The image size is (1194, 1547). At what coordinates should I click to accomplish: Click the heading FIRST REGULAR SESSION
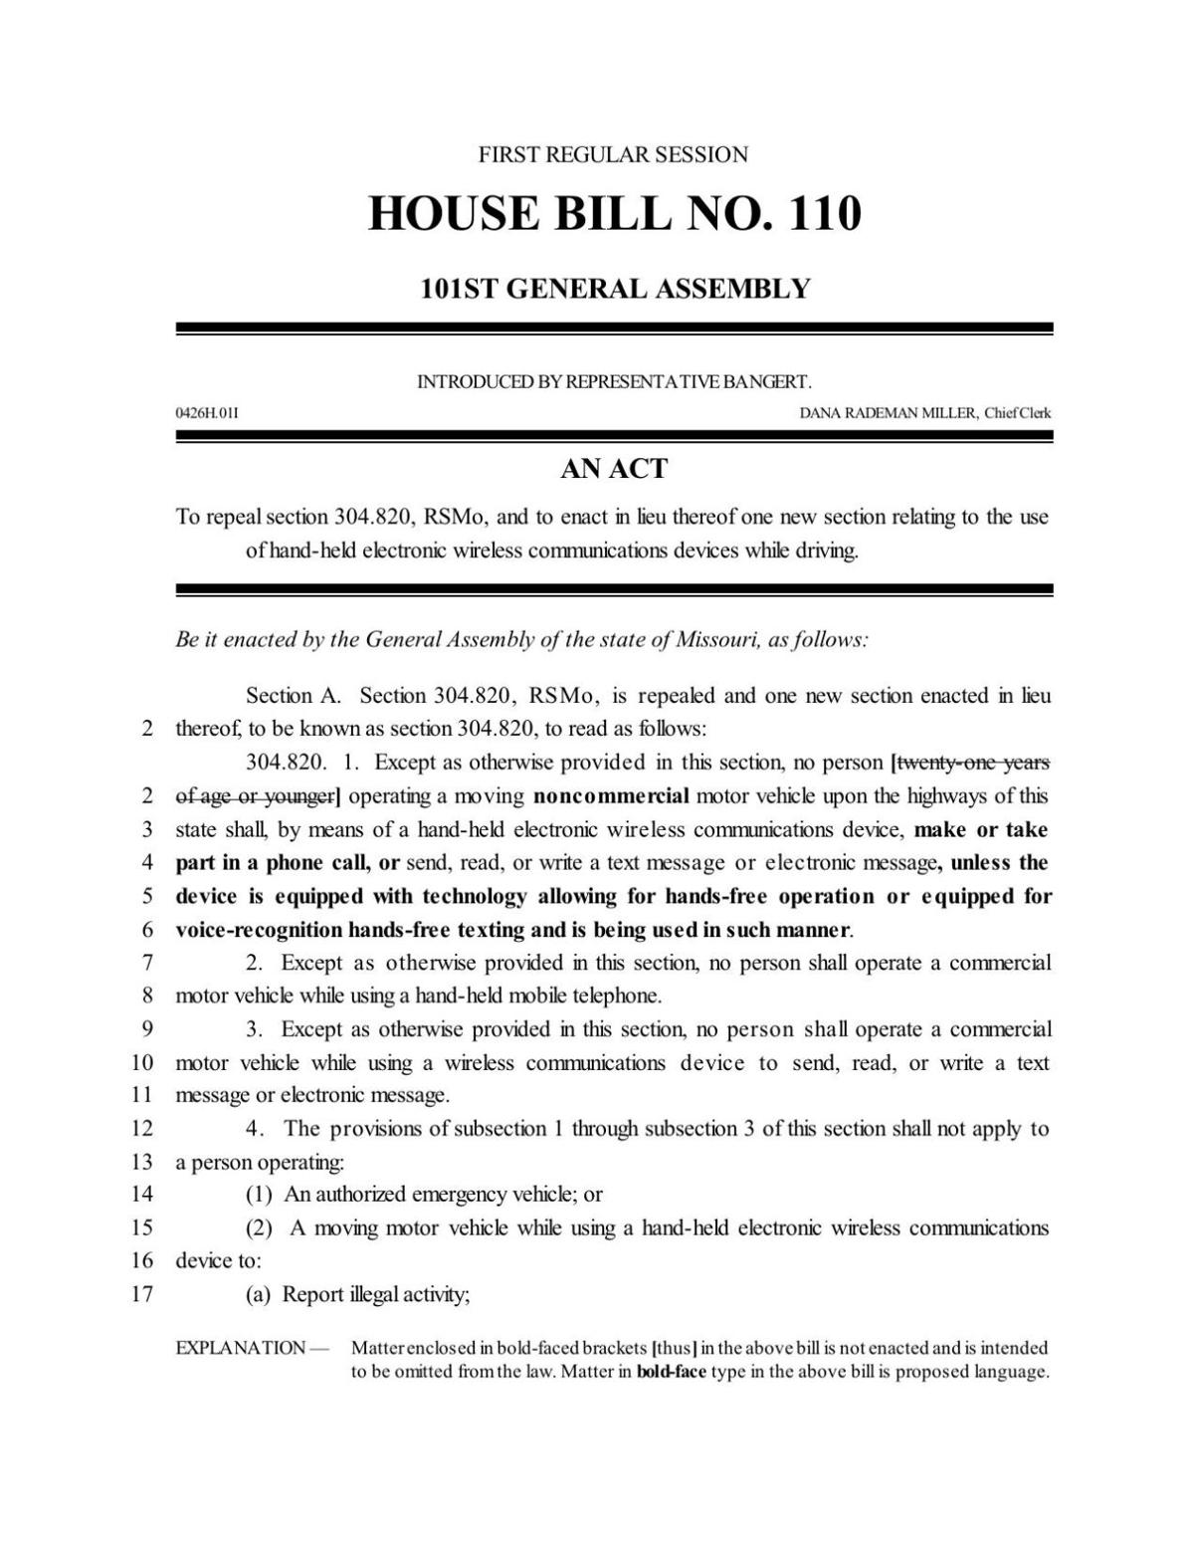click(x=613, y=154)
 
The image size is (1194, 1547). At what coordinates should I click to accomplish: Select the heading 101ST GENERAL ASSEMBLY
click(x=614, y=289)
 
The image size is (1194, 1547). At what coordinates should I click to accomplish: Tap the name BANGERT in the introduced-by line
click(x=773, y=381)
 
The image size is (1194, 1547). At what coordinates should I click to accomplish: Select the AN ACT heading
click(x=614, y=469)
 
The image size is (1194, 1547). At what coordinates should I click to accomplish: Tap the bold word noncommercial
click(x=611, y=796)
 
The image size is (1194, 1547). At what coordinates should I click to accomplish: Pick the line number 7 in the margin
click(x=146, y=963)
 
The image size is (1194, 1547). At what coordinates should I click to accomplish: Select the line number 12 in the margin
click(x=141, y=1128)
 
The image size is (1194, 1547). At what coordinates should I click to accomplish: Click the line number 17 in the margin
click(x=141, y=1294)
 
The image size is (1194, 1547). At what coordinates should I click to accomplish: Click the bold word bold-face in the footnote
click(x=657, y=1372)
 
